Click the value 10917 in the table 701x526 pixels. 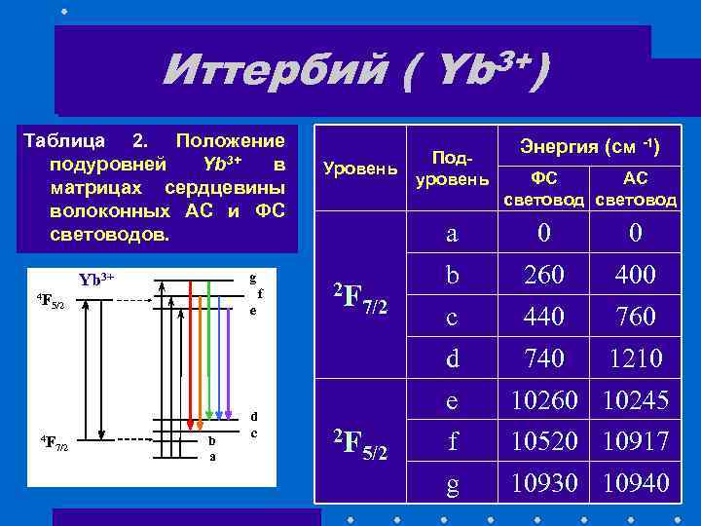coord(636,442)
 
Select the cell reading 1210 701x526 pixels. coord(636,359)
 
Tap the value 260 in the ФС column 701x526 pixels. coord(544,277)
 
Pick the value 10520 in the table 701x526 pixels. coord(544,442)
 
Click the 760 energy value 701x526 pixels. coord(636,318)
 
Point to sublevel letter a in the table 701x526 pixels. coord(452,235)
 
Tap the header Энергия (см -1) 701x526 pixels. coord(590,148)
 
